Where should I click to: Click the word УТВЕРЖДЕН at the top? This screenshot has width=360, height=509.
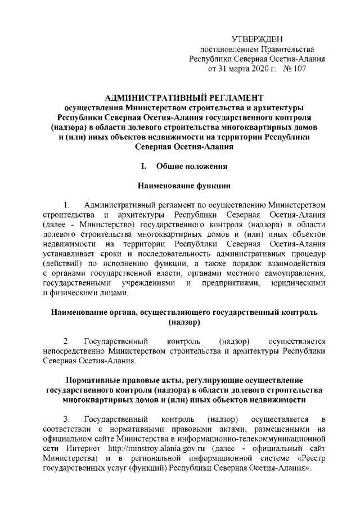[258, 38]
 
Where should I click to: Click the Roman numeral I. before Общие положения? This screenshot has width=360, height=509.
[144, 166]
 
